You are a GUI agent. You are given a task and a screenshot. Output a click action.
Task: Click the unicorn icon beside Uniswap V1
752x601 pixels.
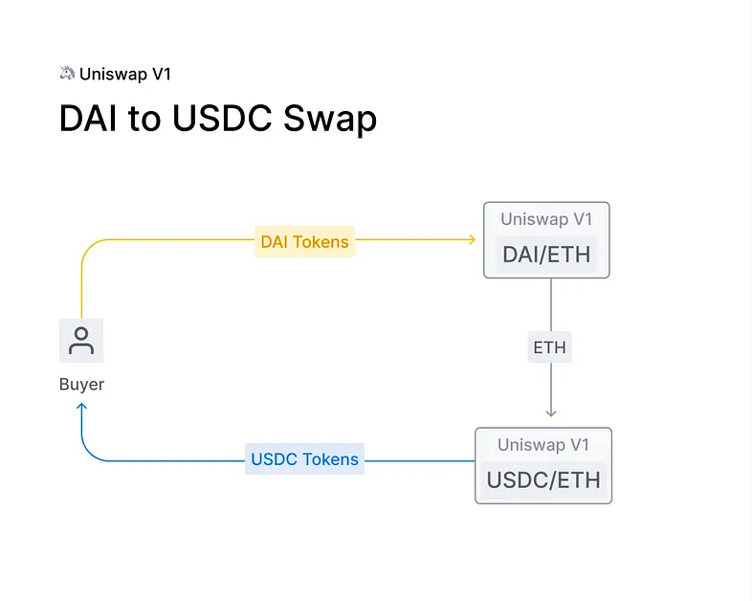(67, 73)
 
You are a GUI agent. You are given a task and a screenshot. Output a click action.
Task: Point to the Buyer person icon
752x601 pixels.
(81, 341)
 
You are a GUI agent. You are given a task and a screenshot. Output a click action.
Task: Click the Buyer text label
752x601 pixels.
(81, 384)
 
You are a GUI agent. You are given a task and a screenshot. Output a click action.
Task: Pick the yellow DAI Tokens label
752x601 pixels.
(304, 242)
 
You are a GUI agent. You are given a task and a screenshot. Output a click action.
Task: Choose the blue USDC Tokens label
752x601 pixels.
(304, 459)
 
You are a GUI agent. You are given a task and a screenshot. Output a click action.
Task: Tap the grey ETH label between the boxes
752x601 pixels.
(549, 347)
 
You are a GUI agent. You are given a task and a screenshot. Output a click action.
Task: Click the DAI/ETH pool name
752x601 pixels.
(547, 255)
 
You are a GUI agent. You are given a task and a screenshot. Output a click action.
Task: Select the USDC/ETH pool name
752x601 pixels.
(543, 479)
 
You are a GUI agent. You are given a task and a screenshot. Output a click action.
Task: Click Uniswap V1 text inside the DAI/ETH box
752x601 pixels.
(547, 219)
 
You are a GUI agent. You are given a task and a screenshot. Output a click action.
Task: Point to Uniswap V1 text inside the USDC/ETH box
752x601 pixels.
(543, 445)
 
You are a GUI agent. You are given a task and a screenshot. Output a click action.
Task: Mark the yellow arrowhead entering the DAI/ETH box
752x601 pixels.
(472, 239)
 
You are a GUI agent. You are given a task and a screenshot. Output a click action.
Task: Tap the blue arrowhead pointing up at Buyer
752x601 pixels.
(81, 407)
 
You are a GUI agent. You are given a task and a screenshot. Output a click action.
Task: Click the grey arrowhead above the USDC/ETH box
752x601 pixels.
(550, 412)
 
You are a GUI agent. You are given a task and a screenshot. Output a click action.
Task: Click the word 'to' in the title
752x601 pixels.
(150, 119)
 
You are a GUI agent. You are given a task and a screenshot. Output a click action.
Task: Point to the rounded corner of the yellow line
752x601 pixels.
(87, 246)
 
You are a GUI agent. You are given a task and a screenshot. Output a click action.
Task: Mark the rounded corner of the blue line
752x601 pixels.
(88, 454)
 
